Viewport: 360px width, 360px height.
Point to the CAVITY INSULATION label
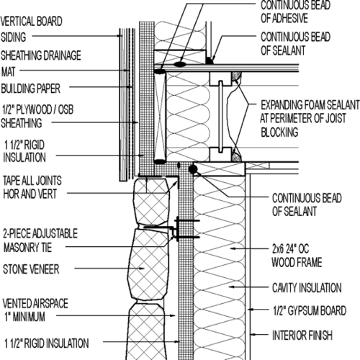305,287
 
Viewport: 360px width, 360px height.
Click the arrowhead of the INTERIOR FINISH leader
254,334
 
